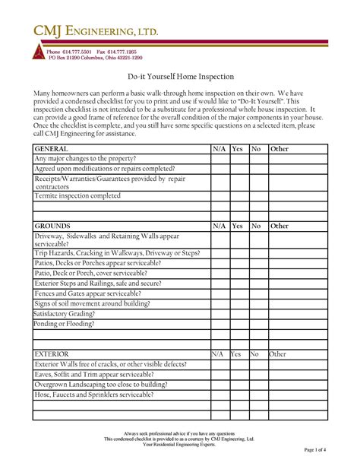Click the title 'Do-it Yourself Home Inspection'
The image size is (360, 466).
(180, 77)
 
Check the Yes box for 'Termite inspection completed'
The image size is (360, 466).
(238, 195)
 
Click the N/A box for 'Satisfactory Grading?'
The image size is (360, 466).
(219, 313)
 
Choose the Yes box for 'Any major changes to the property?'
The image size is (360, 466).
(238, 159)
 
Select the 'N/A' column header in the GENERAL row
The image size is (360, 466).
(219, 149)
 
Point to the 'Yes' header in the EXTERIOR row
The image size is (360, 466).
(236, 354)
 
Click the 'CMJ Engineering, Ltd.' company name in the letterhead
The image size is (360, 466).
(94, 32)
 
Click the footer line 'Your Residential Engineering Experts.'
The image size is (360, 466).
(180, 445)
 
